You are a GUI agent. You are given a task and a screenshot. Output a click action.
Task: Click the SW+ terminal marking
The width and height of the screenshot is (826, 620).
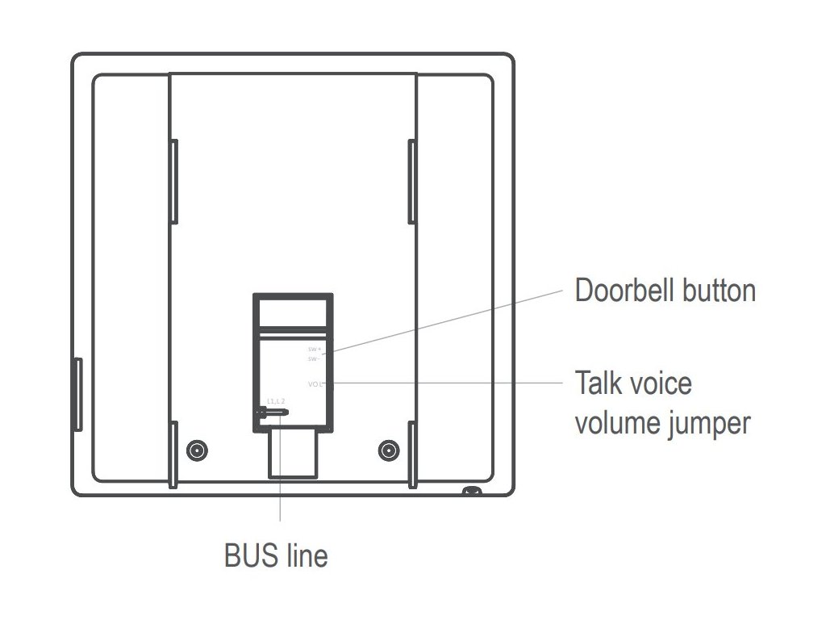tap(315, 350)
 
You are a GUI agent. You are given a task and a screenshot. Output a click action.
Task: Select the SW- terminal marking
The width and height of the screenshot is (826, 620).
tap(315, 358)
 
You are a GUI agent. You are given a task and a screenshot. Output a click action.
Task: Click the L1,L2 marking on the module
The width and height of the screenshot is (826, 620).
tap(277, 401)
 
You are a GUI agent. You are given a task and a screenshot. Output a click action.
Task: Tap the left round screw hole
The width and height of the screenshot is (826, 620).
tap(195, 450)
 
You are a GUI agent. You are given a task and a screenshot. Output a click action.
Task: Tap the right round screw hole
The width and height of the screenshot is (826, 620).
tap(389, 450)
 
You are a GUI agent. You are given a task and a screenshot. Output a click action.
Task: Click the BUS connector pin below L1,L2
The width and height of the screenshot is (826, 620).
tap(272, 412)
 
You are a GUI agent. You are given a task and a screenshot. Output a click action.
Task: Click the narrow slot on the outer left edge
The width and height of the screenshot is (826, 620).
tap(77, 395)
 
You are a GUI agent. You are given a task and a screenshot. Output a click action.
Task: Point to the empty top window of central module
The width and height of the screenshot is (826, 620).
tap(292, 312)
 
